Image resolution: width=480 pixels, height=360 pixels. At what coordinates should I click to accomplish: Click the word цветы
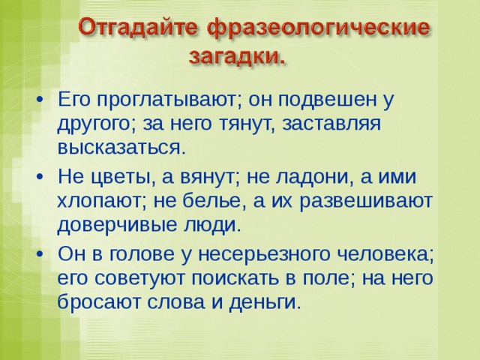pyautogui.click(x=123, y=178)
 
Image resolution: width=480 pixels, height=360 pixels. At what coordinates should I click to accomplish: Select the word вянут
pyautogui.click(x=209, y=178)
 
